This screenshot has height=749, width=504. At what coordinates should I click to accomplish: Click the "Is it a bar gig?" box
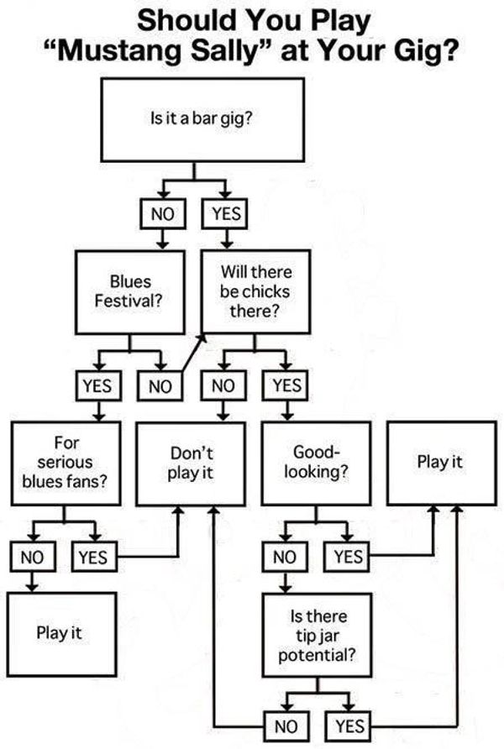[x=202, y=120]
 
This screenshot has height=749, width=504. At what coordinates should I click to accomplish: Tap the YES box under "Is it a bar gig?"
[x=224, y=213]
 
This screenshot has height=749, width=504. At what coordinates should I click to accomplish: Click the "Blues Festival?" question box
[x=129, y=292]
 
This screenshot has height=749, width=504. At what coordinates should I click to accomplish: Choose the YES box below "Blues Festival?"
[x=98, y=385]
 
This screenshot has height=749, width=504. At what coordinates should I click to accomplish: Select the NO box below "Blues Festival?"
[x=160, y=385]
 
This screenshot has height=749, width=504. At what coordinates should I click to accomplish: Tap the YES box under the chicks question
[x=286, y=385]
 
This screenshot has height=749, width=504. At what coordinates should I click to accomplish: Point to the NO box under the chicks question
[x=223, y=385]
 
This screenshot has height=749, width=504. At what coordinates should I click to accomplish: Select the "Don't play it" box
[x=191, y=463]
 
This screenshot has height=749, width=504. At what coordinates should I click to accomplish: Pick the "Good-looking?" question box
[x=315, y=463]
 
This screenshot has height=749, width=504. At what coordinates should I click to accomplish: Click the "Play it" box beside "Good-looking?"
[x=439, y=463]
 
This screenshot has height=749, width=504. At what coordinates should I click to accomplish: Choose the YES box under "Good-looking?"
[x=347, y=556]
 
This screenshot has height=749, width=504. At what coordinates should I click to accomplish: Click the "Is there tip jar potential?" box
[x=315, y=634]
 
